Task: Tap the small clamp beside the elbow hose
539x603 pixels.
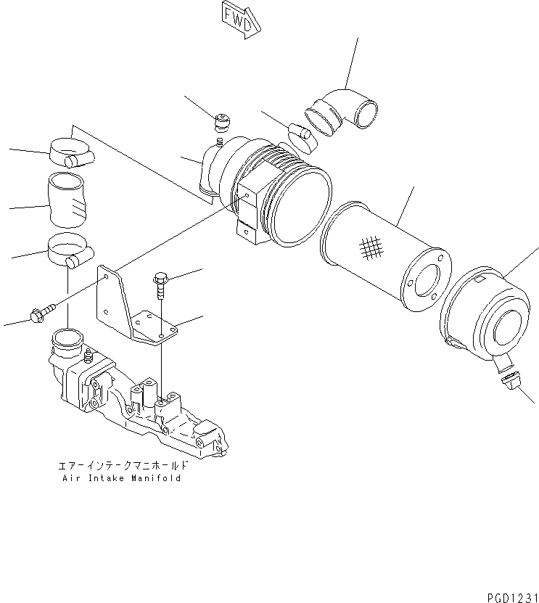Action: (x=303, y=137)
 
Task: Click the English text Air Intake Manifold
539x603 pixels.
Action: (x=120, y=478)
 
